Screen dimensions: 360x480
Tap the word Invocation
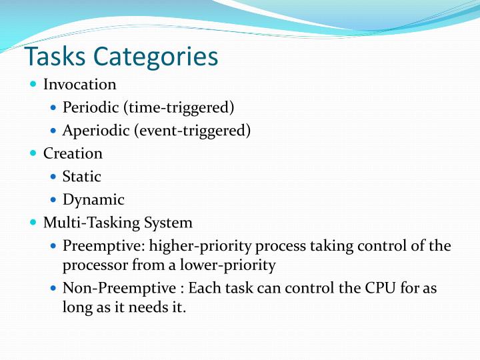pos(79,85)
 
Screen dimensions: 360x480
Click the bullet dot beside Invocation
pos(34,85)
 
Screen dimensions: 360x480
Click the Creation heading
pos(73,153)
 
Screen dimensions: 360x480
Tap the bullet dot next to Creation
pos(34,153)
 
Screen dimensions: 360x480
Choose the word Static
pos(81,177)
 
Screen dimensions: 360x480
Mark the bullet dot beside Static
pos(54,177)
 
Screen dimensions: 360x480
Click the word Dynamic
pos(93,199)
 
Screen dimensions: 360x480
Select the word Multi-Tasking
pos(87,223)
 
